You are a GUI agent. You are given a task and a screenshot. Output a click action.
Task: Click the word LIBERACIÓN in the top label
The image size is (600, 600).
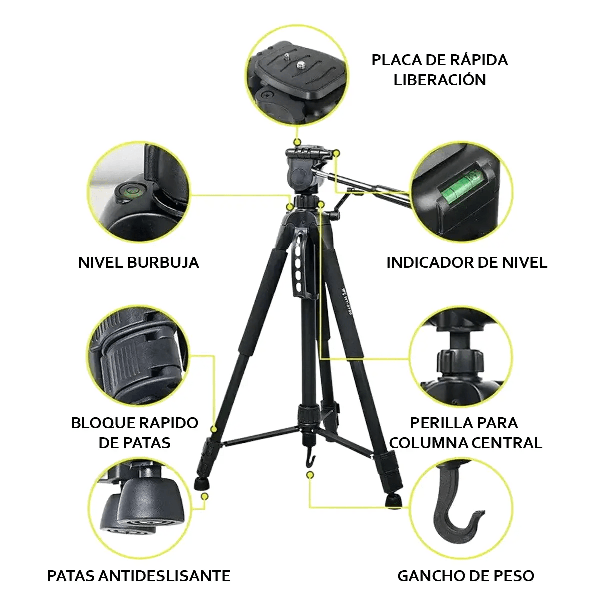(439, 80)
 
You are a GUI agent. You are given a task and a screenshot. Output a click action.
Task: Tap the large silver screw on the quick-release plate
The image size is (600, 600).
(300, 65)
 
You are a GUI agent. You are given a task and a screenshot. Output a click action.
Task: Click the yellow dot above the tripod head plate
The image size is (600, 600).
(297, 142)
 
